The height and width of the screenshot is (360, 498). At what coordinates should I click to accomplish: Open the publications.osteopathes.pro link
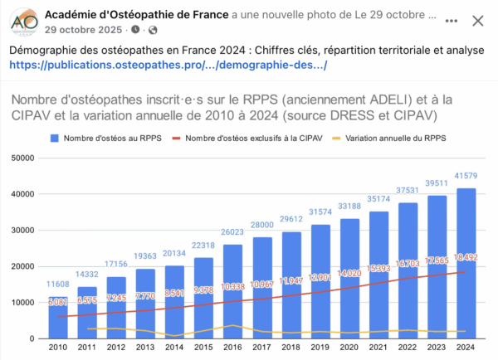(x=168, y=66)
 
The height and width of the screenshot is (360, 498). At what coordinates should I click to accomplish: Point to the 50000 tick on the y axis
(x=23, y=158)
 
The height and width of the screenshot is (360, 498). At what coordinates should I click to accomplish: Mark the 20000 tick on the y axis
(x=23, y=266)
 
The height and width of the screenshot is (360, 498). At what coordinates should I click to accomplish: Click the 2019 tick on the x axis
(x=320, y=349)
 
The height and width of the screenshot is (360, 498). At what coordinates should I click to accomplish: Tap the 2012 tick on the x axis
(x=115, y=349)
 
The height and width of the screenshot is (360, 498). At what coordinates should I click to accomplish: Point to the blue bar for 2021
(x=378, y=274)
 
